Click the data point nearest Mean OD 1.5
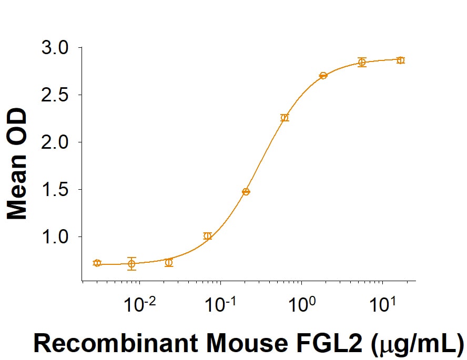[x=246, y=192]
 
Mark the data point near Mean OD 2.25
[x=285, y=118]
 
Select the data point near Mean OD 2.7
[x=323, y=76]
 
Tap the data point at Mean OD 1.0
[x=208, y=236]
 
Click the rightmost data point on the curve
[x=401, y=60]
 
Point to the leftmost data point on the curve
[x=97, y=263]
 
